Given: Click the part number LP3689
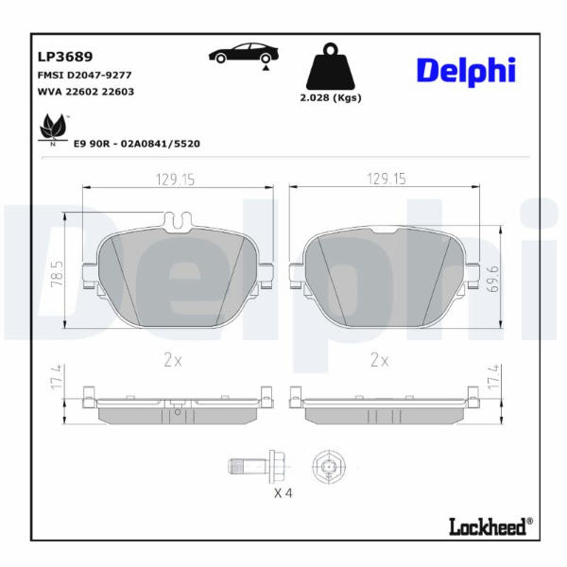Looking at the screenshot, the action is click(65, 57).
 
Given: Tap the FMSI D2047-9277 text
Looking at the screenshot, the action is click(85, 76).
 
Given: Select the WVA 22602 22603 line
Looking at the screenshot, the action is click(86, 92).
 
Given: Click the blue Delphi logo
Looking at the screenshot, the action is click(466, 71).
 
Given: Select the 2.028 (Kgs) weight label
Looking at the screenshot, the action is click(331, 97).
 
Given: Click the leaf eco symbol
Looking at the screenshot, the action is click(54, 129).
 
